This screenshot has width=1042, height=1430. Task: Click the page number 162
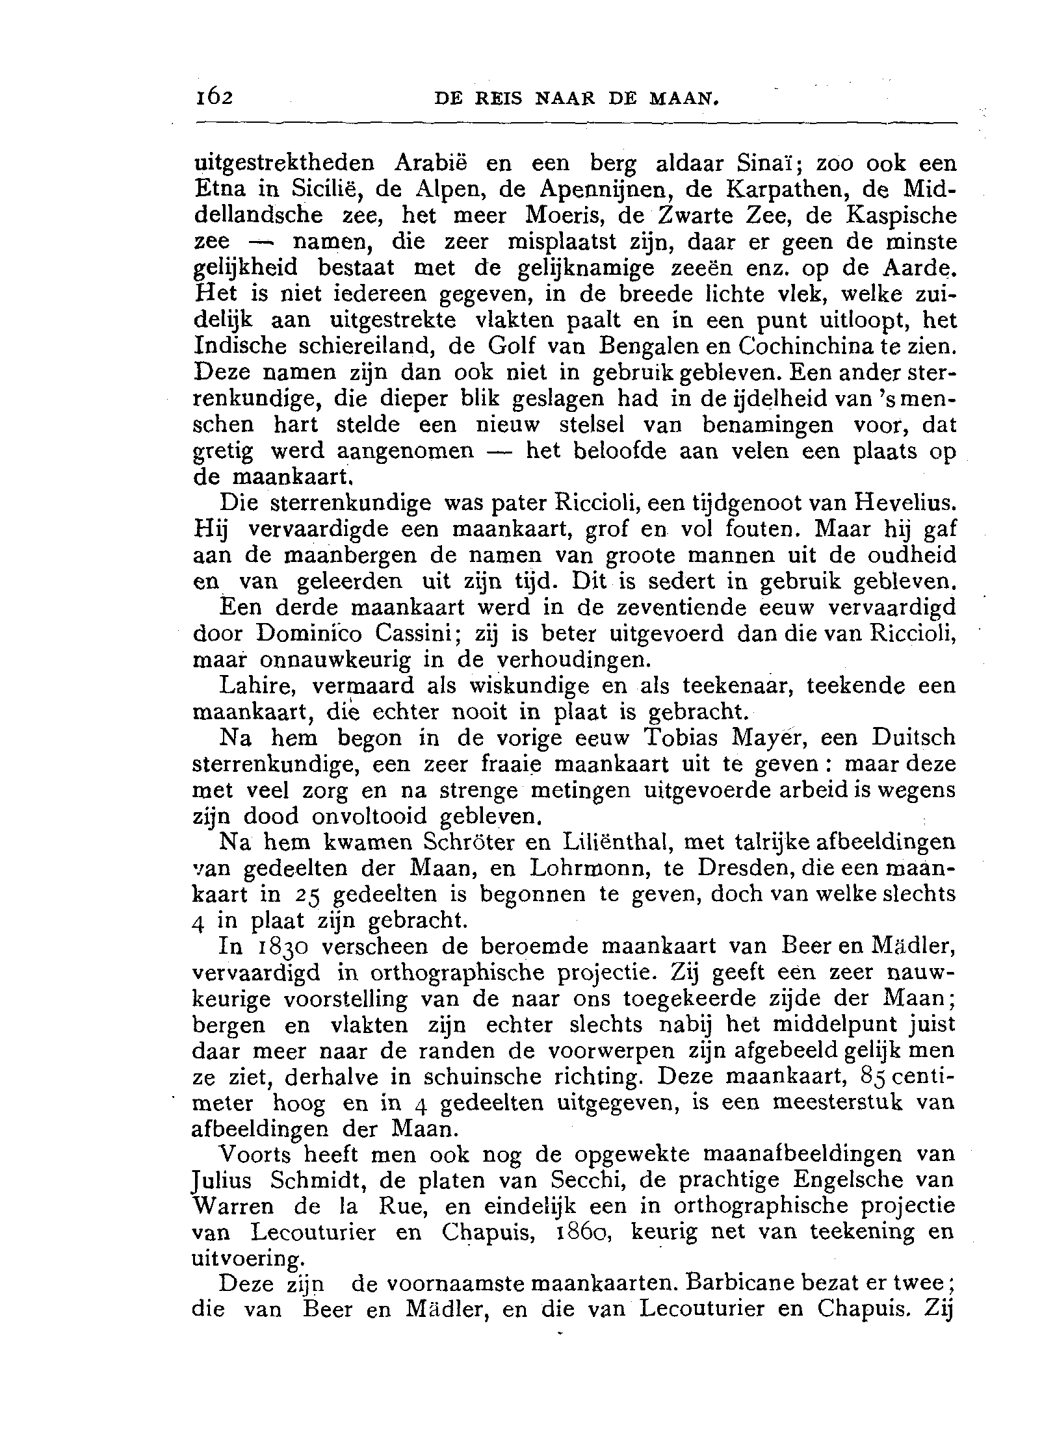tap(213, 98)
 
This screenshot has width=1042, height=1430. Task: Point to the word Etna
tap(220, 189)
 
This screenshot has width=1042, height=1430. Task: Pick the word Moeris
tap(558, 216)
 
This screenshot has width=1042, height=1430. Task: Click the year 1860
tap(580, 1232)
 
